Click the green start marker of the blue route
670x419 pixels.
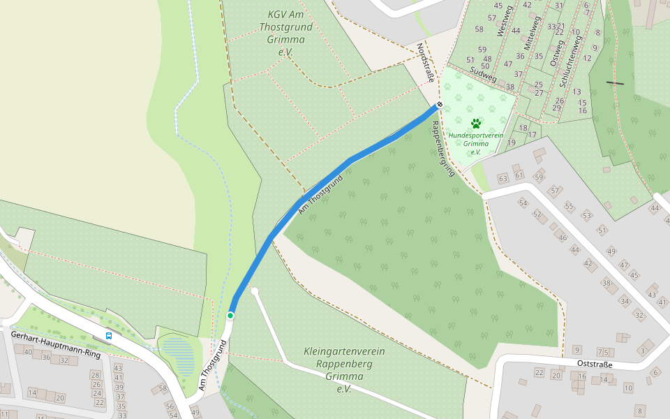tap(230, 316)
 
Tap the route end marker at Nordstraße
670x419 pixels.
tap(439, 105)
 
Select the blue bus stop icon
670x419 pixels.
tap(109, 336)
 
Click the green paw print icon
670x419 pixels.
tap(476, 124)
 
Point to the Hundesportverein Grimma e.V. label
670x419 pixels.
tap(476, 143)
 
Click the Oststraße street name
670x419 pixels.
tap(595, 364)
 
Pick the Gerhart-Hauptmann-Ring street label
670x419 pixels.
tap(56, 344)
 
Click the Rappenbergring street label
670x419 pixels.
tap(443, 148)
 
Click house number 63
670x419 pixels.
tap(502, 179)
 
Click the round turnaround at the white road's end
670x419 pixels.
tap(255, 291)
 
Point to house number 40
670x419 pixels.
tap(28, 351)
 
